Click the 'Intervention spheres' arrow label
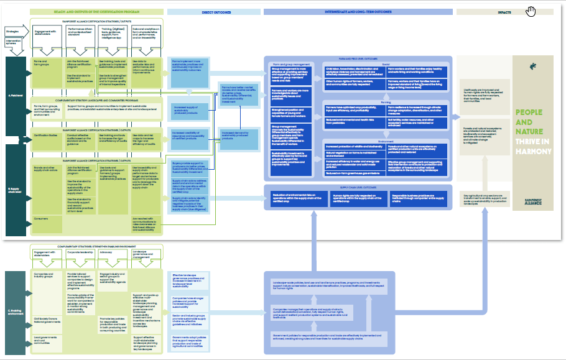click(14, 43)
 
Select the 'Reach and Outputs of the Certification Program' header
click(96, 12)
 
